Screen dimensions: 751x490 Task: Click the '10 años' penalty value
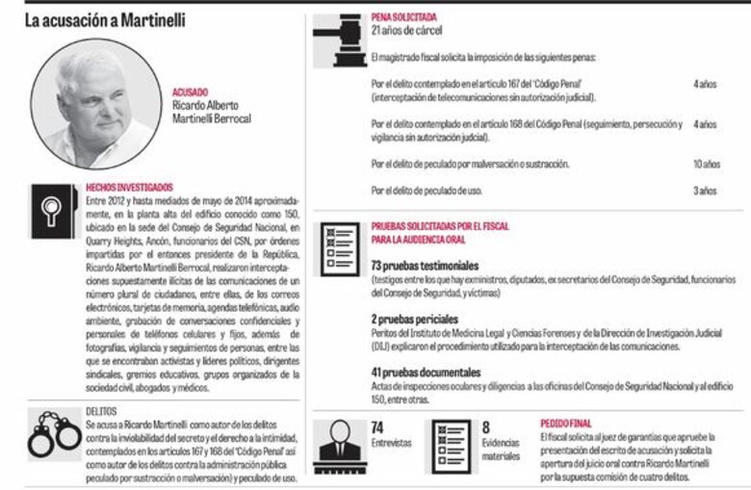click(x=706, y=165)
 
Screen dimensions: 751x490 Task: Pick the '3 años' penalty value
click(x=705, y=191)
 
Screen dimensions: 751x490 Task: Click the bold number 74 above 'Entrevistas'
click(x=378, y=426)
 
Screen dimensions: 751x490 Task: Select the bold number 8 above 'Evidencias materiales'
click(x=486, y=426)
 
